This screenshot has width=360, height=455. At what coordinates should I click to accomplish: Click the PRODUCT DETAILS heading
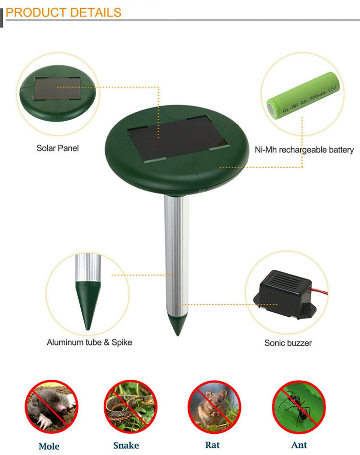(x=64, y=13)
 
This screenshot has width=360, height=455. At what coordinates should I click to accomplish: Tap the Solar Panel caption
(x=57, y=148)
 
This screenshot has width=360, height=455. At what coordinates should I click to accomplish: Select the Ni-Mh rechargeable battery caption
(x=304, y=150)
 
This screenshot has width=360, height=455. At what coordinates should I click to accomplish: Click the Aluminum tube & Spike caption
(x=89, y=342)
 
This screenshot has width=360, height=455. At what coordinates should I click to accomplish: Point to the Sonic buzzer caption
(x=288, y=343)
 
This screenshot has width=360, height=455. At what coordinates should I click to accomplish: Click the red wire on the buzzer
(x=320, y=291)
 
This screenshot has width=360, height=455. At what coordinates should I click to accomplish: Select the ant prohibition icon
(x=298, y=407)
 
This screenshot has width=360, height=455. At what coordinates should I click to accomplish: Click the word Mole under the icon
(x=49, y=446)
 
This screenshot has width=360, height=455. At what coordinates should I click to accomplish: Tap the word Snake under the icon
(x=126, y=445)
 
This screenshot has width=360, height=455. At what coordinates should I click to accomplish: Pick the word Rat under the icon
(x=212, y=445)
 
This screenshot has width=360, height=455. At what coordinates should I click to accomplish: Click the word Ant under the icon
(x=299, y=445)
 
